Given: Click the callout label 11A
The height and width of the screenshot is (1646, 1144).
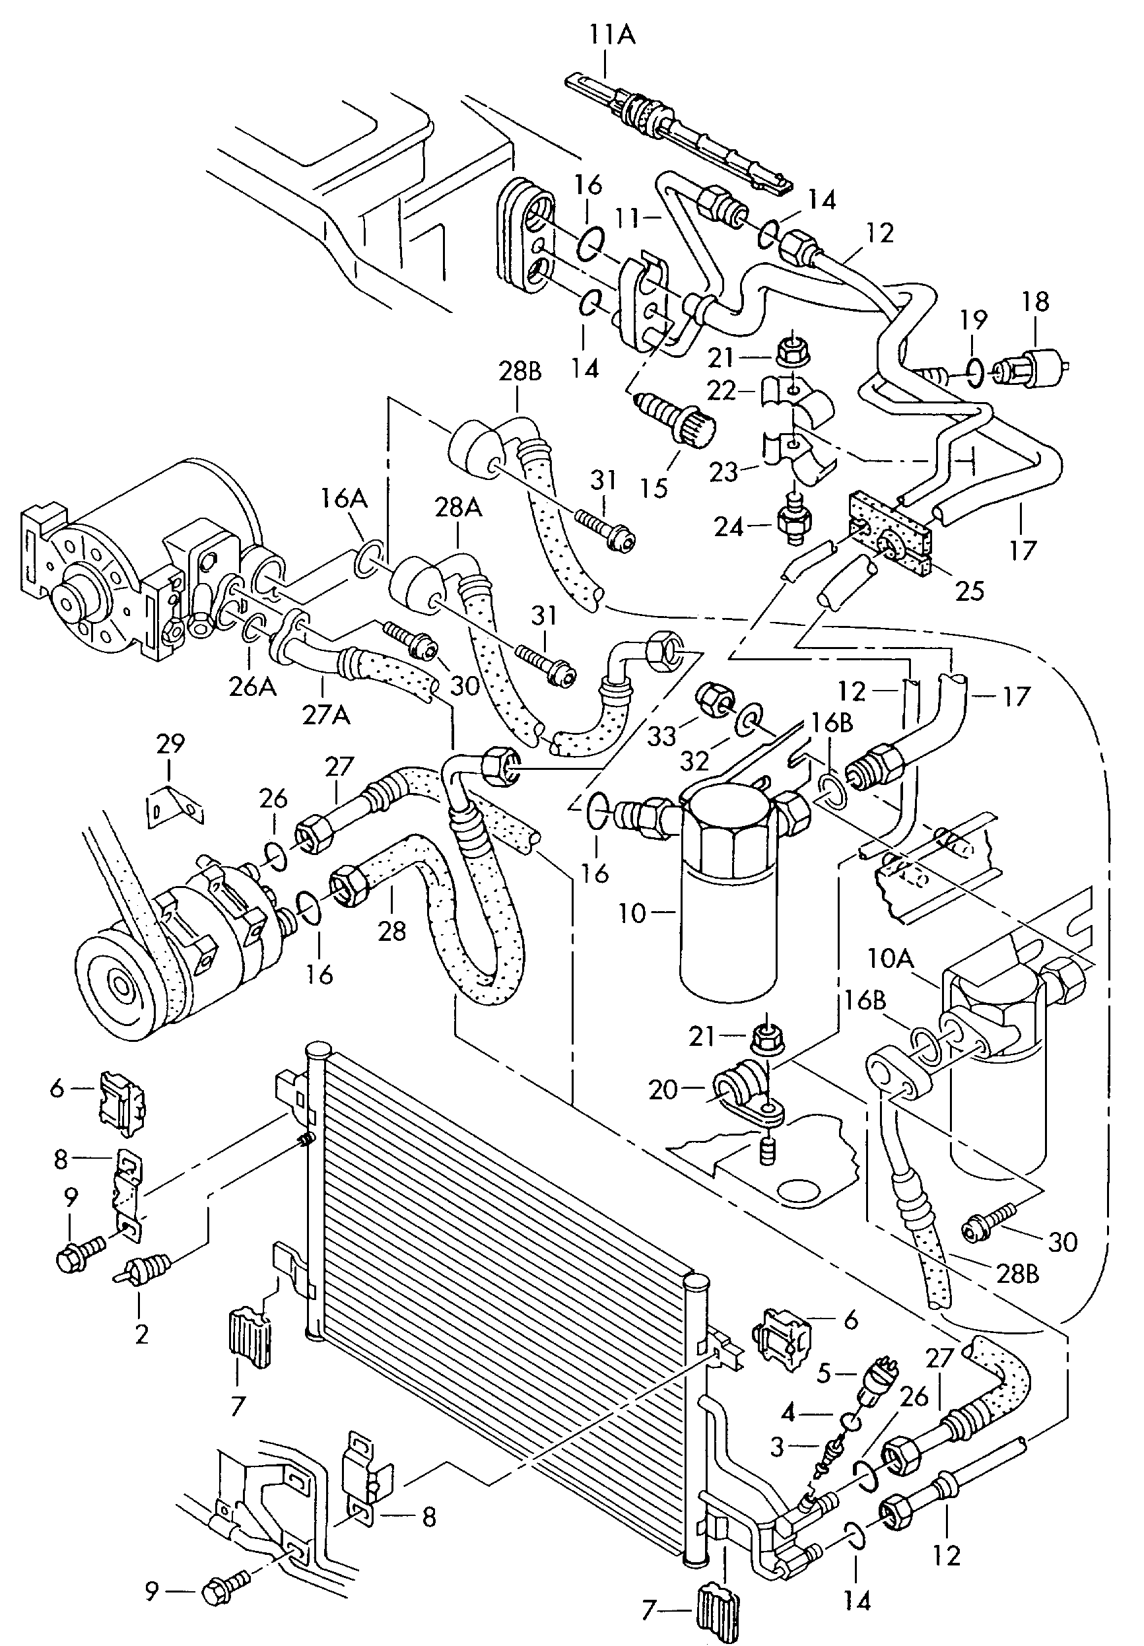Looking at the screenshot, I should click(x=612, y=34).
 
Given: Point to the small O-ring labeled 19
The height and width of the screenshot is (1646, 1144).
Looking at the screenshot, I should click(x=974, y=370).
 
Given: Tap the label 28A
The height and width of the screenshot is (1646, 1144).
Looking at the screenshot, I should click(x=458, y=508).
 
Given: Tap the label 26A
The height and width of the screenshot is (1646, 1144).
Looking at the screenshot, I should click(x=252, y=687).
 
